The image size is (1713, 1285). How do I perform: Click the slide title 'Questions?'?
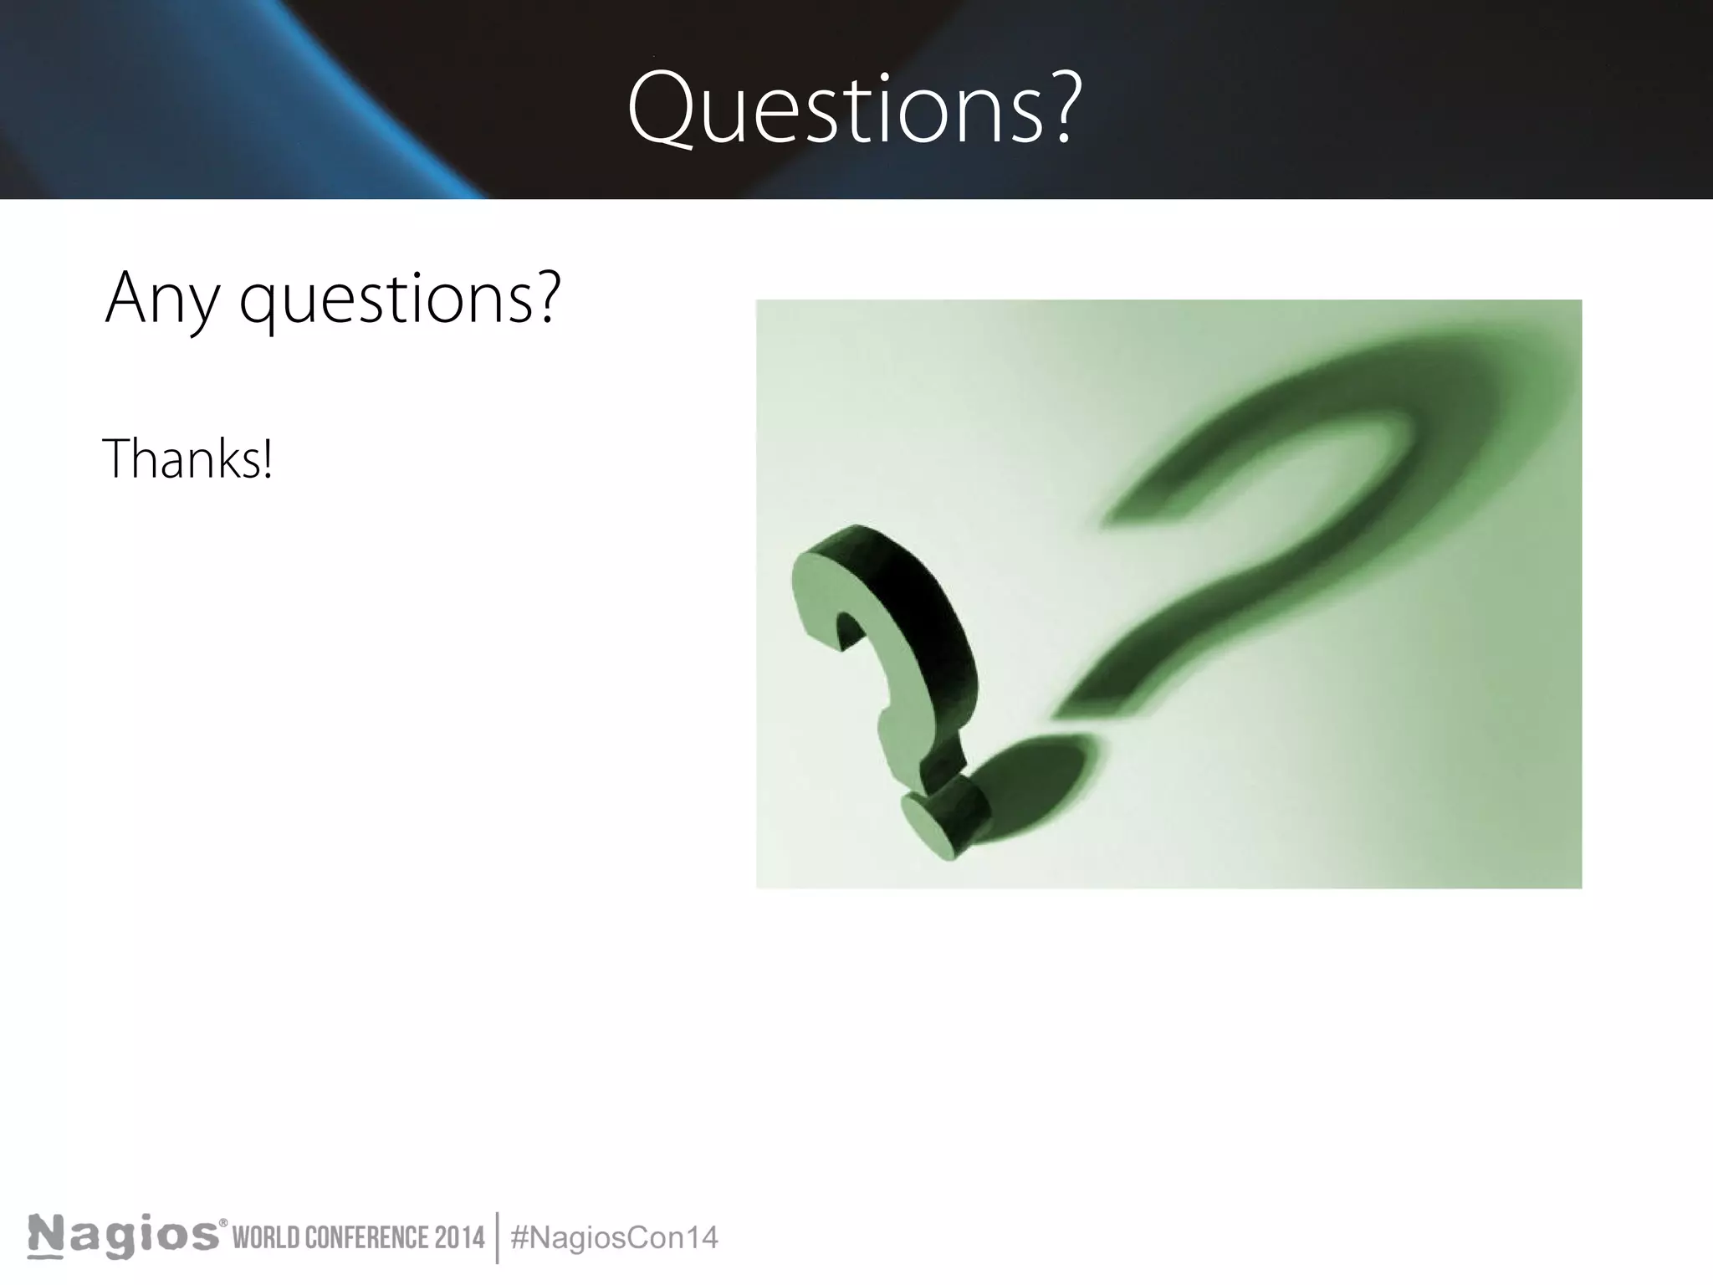(x=853, y=109)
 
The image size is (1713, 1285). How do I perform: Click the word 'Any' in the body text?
(x=161, y=299)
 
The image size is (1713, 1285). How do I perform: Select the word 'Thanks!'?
(x=187, y=458)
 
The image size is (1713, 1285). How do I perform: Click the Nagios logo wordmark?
(x=124, y=1236)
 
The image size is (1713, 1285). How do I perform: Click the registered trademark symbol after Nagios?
(x=223, y=1224)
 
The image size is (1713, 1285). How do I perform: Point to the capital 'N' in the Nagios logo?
(x=47, y=1236)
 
